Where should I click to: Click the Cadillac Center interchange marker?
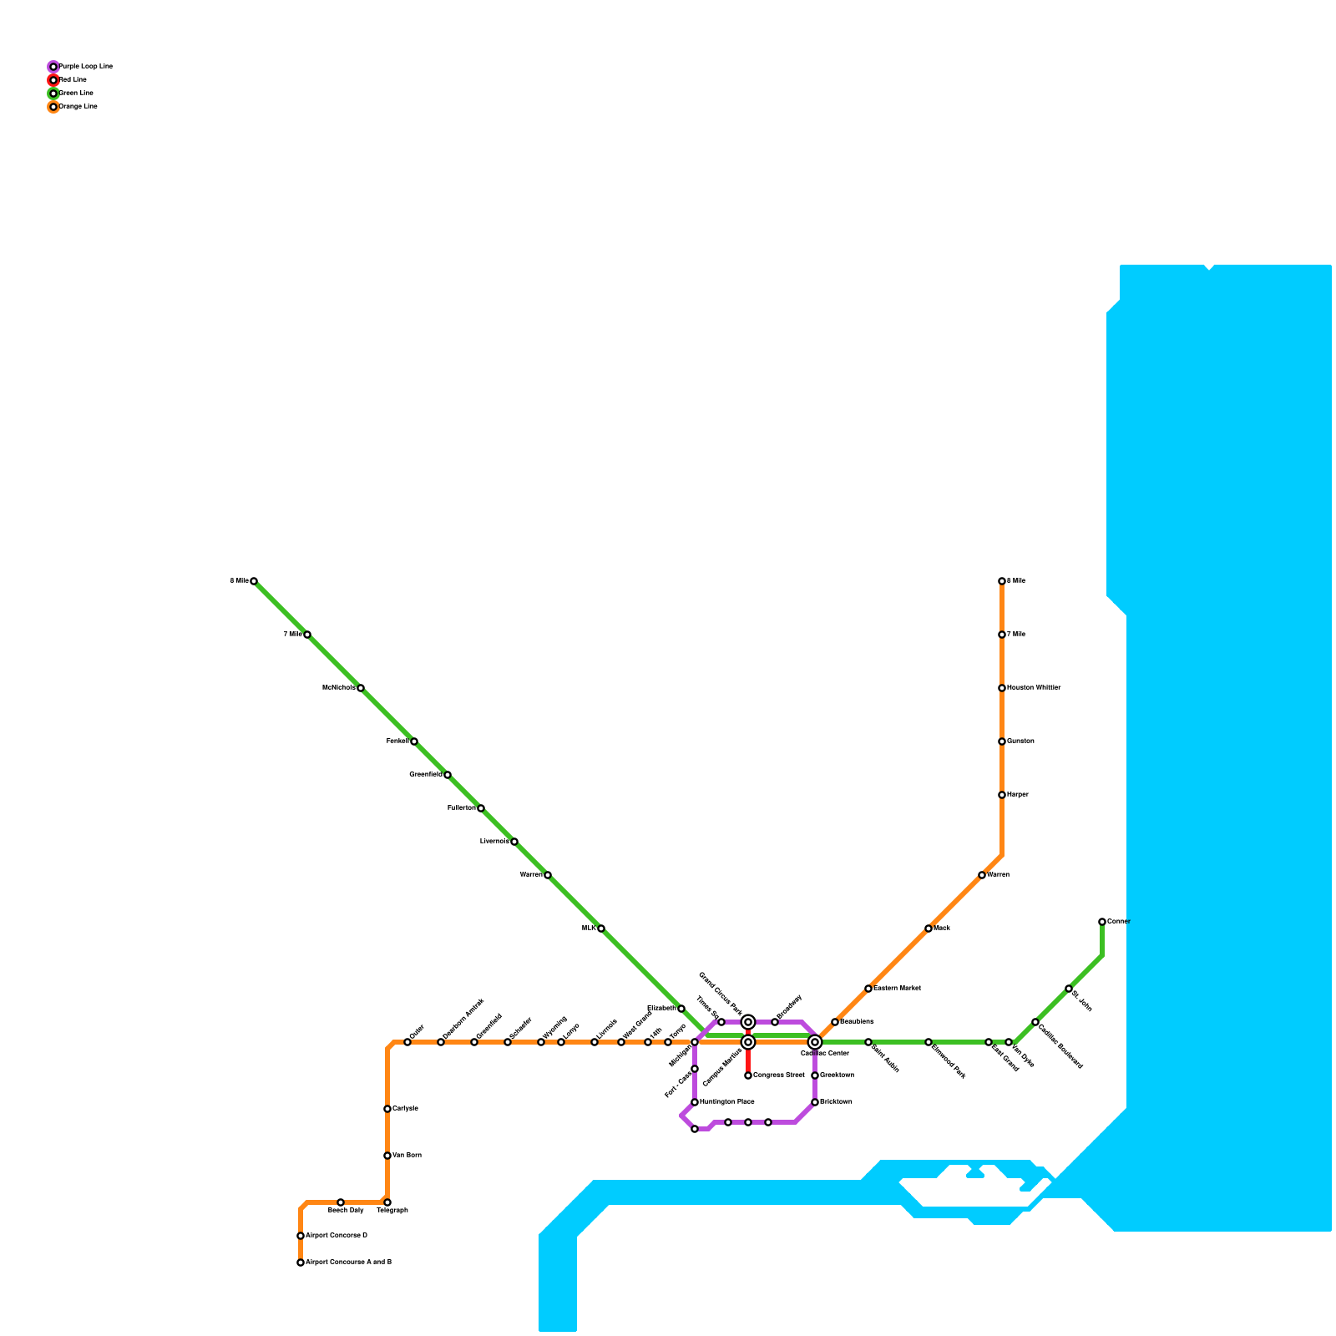815,1042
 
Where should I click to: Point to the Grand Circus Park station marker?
748,1022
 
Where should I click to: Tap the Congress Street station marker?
748,1075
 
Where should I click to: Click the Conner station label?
1118,922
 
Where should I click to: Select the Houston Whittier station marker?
1002,688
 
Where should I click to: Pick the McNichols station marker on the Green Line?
361,688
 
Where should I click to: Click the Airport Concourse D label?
337,1236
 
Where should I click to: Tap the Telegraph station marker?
387,1202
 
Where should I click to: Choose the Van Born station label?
407,1156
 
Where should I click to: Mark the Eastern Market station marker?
868,989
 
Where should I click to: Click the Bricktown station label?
837,1102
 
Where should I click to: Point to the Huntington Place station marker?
695,1102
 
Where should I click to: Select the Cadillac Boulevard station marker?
1035,1022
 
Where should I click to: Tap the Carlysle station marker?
387,1109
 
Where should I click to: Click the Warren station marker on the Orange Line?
982,875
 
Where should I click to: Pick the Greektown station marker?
815,1075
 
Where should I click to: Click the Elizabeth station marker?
681,1009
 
